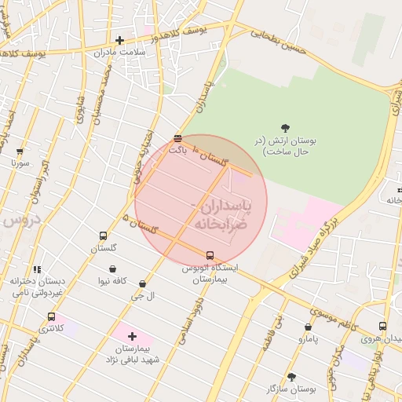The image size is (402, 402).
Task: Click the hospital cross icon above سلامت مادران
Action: click(119, 40)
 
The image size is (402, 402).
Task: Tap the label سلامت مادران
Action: click(120, 53)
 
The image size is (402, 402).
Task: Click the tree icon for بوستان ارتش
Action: click(284, 127)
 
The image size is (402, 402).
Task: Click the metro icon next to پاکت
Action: click(178, 139)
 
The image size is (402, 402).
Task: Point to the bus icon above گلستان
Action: click(103, 236)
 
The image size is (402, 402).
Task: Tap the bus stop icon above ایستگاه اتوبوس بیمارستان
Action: click(210, 255)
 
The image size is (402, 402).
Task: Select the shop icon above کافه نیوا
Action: click(113, 269)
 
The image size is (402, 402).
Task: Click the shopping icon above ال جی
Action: click(142, 283)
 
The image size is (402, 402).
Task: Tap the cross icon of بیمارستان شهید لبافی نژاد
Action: click(132, 336)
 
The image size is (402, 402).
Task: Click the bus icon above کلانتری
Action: click(51, 316)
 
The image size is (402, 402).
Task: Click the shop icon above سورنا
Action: click(20, 152)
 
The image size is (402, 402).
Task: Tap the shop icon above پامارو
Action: click(308, 327)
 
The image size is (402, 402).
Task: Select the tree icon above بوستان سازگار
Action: click(291, 377)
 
